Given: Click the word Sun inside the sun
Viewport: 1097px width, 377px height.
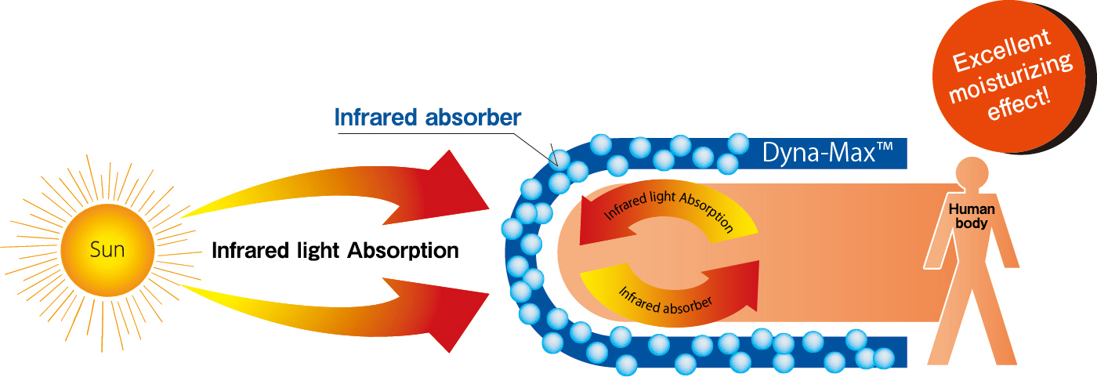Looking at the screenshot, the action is point(107,250).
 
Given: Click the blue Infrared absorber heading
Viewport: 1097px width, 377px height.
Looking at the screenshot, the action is point(428,118).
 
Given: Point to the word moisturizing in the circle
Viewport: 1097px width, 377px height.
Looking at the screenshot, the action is point(1011,78).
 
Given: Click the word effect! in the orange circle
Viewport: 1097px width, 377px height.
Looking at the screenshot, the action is point(1019,103).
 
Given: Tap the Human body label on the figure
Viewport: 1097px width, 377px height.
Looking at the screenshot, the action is point(972,216).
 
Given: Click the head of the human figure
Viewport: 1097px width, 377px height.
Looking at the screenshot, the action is point(972,173).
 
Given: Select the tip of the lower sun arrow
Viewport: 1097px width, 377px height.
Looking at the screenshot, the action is point(489,294).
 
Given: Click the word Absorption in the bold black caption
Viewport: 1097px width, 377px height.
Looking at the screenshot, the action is point(403,251).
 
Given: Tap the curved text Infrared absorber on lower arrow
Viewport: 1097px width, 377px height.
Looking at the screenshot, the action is point(665,300).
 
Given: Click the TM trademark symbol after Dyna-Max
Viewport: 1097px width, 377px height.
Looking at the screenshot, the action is point(885,147).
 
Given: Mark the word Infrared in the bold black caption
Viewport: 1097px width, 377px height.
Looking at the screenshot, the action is point(251,251).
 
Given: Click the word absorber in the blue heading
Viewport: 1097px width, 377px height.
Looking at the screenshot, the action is point(473,118).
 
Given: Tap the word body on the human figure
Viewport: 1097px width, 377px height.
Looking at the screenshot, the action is point(972,223).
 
